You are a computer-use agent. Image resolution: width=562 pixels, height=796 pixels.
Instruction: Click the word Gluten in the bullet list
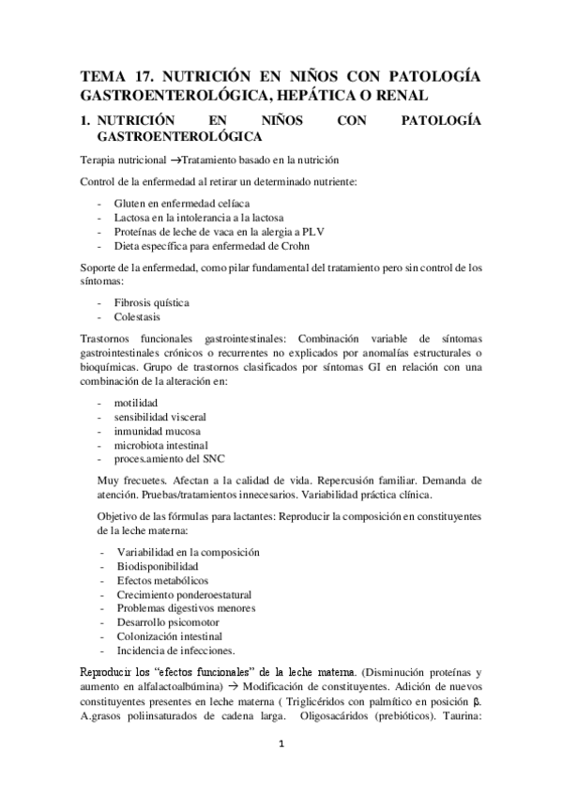[130, 203]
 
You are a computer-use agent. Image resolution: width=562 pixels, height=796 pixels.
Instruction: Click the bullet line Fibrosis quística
[151, 303]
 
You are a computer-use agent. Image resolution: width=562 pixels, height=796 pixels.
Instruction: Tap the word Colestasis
[139, 317]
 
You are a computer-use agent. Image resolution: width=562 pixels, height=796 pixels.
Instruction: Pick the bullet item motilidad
[136, 403]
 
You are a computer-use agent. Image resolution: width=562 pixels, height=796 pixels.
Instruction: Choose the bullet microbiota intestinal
[161, 445]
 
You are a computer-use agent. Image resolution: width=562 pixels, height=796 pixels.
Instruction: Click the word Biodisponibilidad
[157, 567]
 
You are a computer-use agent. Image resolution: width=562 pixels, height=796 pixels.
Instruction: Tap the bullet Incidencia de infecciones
[175, 651]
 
